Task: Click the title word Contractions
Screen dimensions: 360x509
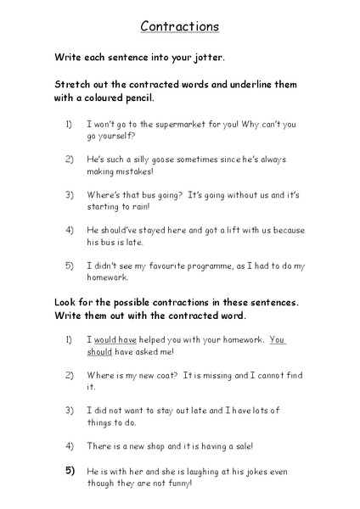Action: click(x=179, y=26)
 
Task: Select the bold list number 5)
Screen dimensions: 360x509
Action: click(x=69, y=469)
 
